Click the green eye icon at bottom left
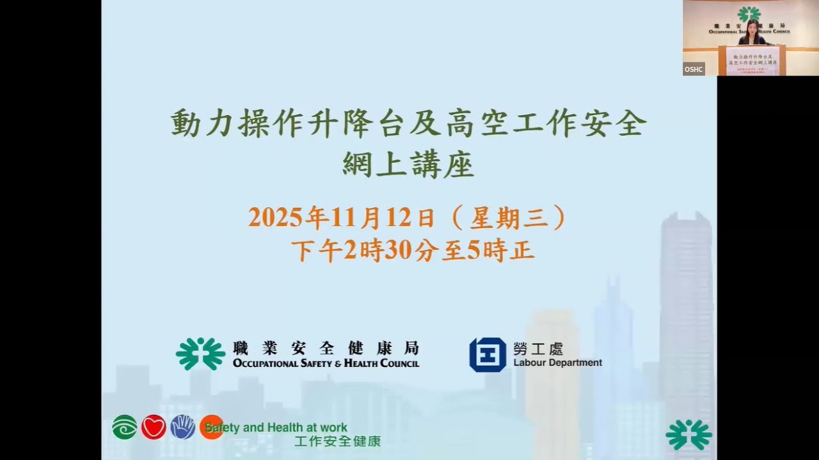pos(124,427)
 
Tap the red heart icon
pos(154,427)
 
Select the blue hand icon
pos(182,427)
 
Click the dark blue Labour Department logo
pos(488,355)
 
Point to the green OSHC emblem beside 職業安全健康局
pos(200,354)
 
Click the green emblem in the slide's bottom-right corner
pos(688,434)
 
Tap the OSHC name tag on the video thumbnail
pos(694,69)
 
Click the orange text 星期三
pos(509,218)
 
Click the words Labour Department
pos(557,363)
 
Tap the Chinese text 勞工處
pos(538,348)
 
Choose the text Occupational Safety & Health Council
pos(326,364)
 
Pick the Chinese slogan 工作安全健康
pos(337,441)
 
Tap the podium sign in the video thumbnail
pos(752,61)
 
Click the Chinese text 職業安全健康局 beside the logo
pos(326,348)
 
